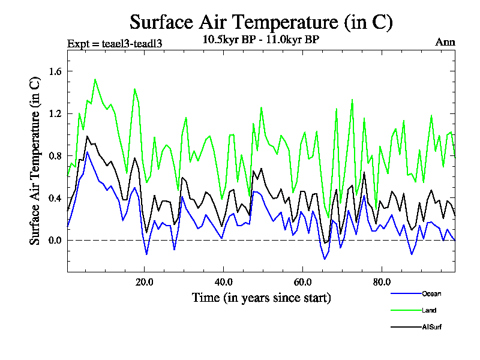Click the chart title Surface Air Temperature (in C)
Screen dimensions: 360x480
tap(261, 22)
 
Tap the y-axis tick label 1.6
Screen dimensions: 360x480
tap(49, 71)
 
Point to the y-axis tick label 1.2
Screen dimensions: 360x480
tap(49, 113)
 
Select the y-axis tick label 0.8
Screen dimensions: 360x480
tap(49, 156)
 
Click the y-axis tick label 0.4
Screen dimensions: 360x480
tap(49, 198)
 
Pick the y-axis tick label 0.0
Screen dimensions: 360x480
tap(49, 240)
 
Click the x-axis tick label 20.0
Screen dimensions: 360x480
tap(144, 282)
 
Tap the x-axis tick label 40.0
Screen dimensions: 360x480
tap(223, 282)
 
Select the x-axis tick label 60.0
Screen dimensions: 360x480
tap(302, 282)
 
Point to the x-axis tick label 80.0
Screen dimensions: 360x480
tap(382, 282)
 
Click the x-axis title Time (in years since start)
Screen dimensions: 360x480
tap(261, 297)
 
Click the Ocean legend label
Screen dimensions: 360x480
tap(431, 293)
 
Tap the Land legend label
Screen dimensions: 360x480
tap(429, 310)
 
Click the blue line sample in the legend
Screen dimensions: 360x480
tap(405, 293)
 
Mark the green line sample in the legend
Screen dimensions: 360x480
tap(405, 310)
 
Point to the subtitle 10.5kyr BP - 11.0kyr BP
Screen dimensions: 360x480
tap(261, 40)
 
